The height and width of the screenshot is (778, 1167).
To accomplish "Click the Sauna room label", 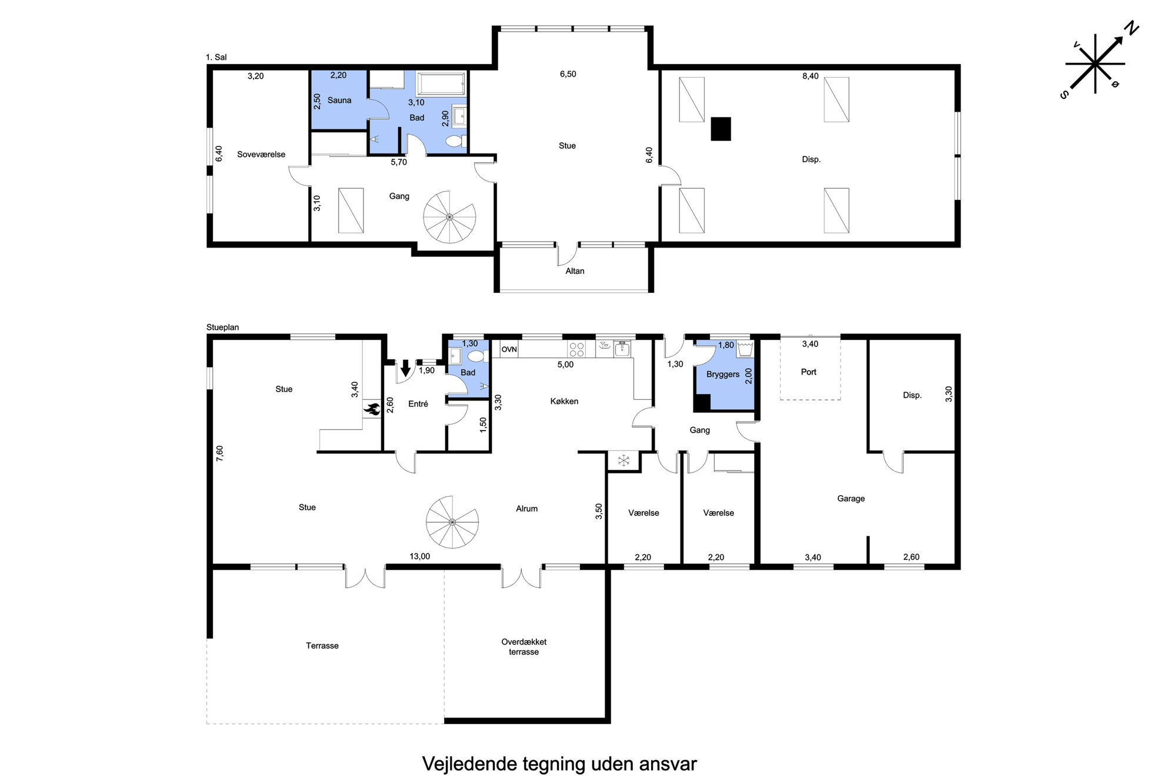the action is (339, 100).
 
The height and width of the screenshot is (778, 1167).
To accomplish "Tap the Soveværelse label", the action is (261, 154).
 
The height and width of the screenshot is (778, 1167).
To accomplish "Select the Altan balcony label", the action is (575, 271).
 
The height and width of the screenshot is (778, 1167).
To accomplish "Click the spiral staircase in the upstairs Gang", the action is (449, 216).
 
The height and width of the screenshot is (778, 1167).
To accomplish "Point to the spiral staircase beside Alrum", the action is (452, 522).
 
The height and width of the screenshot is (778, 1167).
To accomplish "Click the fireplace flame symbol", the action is (372, 409).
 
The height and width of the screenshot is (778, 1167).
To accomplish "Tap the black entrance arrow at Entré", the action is (405, 368).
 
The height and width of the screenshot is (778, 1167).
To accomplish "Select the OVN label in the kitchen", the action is (509, 349).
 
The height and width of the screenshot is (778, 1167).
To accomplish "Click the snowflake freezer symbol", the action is (623, 460).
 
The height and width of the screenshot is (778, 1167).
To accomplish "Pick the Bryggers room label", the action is (723, 374).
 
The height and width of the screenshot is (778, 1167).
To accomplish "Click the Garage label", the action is (851, 499).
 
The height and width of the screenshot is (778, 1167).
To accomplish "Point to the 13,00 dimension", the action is (419, 556).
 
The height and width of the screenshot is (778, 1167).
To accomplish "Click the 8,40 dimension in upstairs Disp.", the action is (811, 76).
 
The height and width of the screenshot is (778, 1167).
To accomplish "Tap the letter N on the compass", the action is (1131, 28).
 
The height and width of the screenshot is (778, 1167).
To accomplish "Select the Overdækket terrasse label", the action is (524, 647).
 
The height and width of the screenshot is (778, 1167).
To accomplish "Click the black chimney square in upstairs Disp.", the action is (721, 129).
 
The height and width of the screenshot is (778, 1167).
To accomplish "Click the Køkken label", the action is (564, 401).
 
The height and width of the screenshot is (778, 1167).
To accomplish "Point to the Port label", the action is (809, 372).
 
